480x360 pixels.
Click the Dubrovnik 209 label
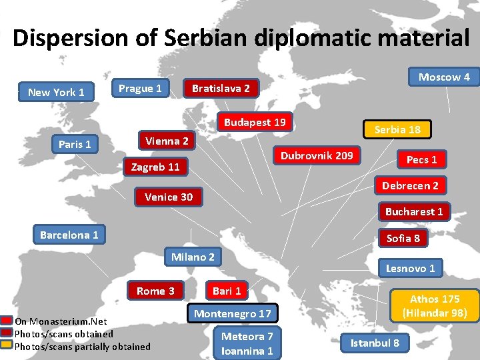[x=317, y=156]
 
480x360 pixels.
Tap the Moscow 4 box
[x=444, y=77]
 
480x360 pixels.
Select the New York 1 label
[x=56, y=92]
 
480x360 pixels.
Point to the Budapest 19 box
[x=255, y=122]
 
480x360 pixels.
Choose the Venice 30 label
[x=169, y=197]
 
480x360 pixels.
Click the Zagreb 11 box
[x=155, y=167]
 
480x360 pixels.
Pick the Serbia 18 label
[x=397, y=129]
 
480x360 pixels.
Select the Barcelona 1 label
[x=69, y=235]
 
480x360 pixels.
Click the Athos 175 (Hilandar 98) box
[x=434, y=305]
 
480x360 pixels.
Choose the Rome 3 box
[x=155, y=291]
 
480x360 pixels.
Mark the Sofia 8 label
[x=403, y=238]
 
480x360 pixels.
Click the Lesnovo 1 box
[x=410, y=268]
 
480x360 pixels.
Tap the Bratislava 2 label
[x=221, y=88]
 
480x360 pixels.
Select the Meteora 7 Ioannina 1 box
[x=247, y=343]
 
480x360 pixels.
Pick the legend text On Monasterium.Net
[x=61, y=321]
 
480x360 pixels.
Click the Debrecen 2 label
[x=410, y=186]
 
